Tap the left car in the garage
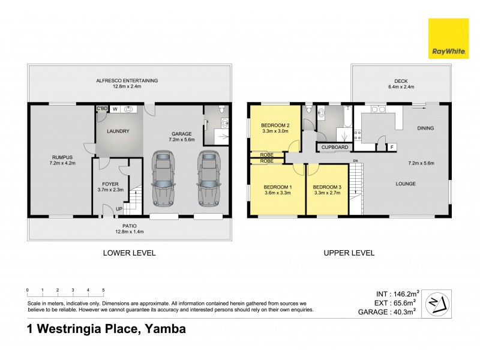(163, 178)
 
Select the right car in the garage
(207, 178)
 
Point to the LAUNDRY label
(118, 131)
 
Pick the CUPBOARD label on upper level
(334, 146)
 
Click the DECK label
(400, 81)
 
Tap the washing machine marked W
(115, 109)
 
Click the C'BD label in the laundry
(101, 109)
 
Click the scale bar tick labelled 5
(103, 290)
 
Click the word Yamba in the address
(164, 329)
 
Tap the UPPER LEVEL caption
(349, 253)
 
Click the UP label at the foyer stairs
(118, 209)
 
